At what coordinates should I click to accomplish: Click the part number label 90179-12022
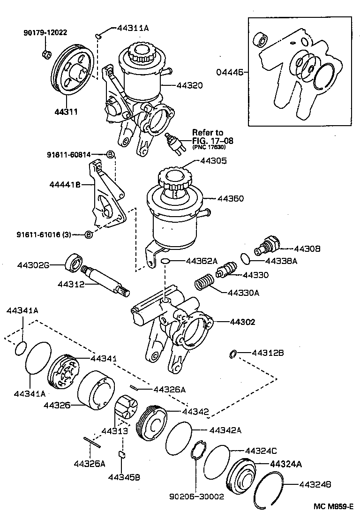[45, 32]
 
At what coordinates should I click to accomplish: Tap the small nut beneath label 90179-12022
[46, 54]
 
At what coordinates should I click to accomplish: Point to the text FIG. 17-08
[212, 140]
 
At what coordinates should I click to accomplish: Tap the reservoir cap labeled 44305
[175, 177]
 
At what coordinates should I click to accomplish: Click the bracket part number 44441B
[65, 185]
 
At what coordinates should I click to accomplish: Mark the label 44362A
[202, 261]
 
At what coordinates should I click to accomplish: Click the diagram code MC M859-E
[332, 506]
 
